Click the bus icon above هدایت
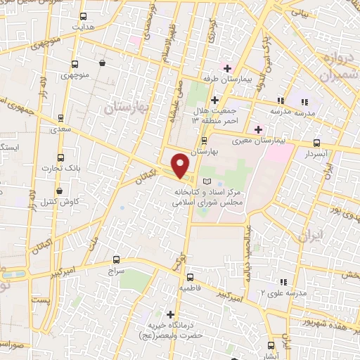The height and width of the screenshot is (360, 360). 84,15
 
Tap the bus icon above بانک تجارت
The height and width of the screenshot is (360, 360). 60,157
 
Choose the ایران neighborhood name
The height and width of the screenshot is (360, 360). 310,235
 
